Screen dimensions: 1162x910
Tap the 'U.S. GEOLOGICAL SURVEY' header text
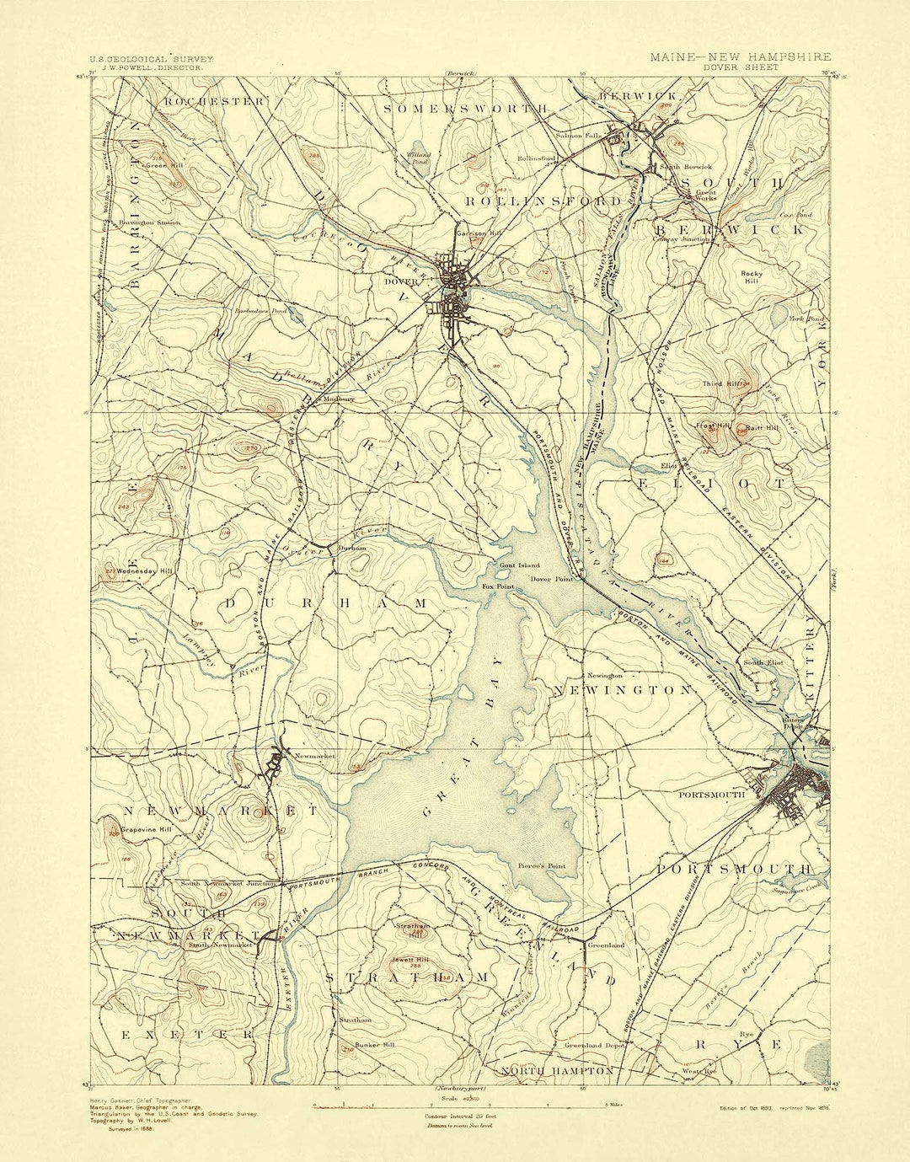tap(152, 60)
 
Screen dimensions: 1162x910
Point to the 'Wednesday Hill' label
tap(144, 571)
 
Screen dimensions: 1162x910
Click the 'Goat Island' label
tap(519, 565)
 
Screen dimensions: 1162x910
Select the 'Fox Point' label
tap(497, 586)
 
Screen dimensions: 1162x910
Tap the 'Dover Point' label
tap(552, 580)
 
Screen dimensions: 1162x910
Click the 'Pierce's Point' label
tap(542, 865)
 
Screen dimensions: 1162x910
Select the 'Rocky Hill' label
tap(751, 277)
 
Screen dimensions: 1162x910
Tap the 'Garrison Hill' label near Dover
tap(473, 233)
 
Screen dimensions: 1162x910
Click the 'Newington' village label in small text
tap(605, 676)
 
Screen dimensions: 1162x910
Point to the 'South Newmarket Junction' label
tap(228, 884)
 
